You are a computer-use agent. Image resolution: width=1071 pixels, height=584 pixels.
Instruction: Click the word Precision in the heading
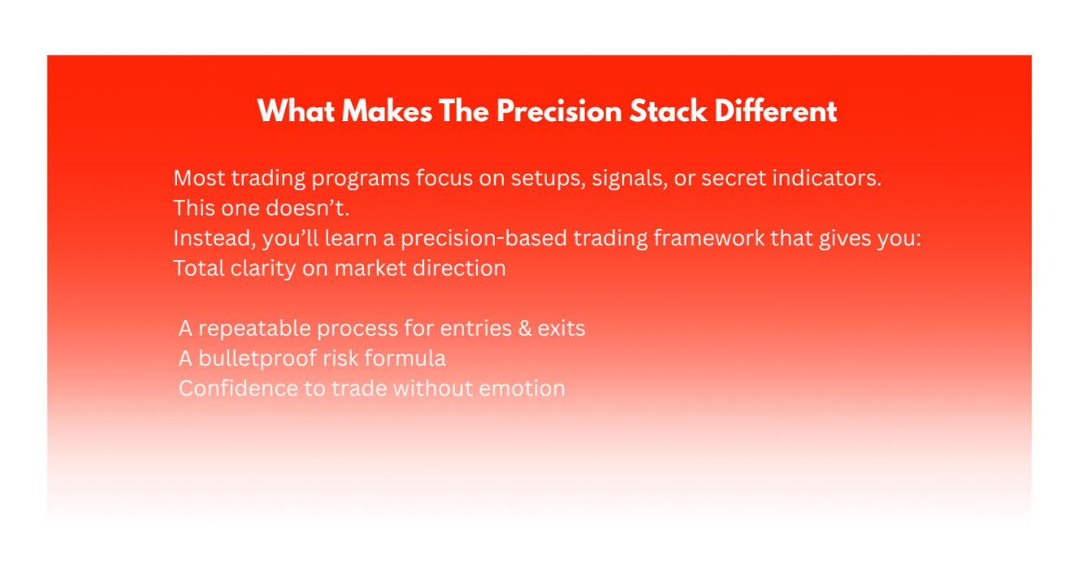click(559, 111)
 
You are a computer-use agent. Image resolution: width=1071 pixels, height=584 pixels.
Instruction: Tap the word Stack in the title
click(668, 111)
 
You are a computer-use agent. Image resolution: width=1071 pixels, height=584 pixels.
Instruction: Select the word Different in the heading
click(775, 111)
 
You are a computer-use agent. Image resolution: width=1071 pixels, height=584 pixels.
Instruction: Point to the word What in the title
click(296, 111)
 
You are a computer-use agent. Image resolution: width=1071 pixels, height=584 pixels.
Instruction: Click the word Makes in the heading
click(387, 111)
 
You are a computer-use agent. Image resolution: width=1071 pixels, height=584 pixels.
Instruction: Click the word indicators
click(826, 178)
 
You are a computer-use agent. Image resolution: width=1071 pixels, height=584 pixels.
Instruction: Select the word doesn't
click(307, 208)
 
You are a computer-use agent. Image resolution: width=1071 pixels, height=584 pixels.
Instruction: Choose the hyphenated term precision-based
click(483, 239)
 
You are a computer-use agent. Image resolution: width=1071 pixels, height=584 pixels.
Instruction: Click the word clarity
click(263, 269)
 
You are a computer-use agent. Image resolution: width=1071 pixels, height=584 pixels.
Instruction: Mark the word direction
click(459, 267)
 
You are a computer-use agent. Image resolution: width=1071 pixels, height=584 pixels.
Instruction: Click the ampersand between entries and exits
click(525, 328)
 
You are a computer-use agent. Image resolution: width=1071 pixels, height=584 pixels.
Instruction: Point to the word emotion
click(522, 388)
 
